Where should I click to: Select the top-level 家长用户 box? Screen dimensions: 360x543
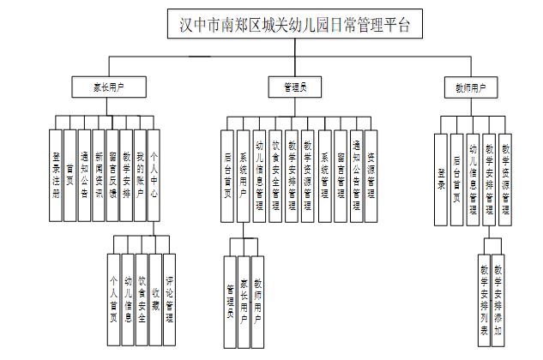pyautogui.click(x=109, y=87)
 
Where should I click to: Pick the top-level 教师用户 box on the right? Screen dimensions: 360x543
pyautogui.click(x=469, y=87)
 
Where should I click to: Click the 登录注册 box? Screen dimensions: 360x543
pyautogui.click(x=56, y=175)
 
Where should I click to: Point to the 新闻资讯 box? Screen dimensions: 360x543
pyautogui.click(x=99, y=175)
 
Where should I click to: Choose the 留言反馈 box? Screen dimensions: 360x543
pyautogui.click(x=112, y=175)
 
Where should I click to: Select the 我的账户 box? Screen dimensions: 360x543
pyautogui.click(x=140, y=175)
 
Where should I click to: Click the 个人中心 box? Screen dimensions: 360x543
pyautogui.click(x=154, y=175)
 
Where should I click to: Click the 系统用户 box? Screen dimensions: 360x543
pyautogui.click(x=244, y=175)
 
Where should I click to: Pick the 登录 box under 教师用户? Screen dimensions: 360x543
pyautogui.click(x=441, y=182)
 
